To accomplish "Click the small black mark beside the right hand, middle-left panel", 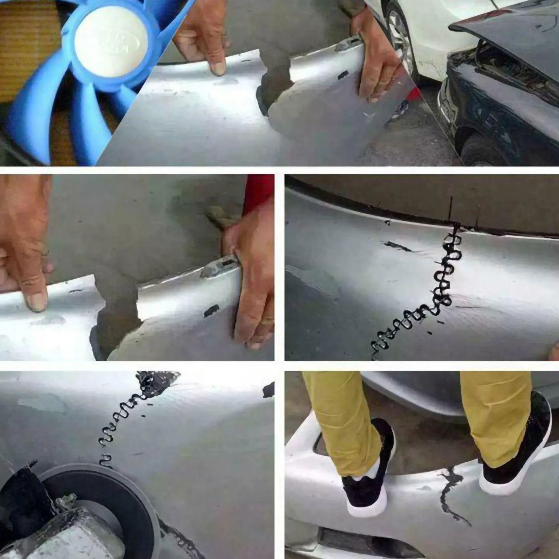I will click(211, 310).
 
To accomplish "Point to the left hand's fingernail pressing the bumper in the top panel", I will click(218, 69).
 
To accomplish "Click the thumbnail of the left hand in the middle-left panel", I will click(36, 301).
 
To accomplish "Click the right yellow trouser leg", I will click(493, 414).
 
